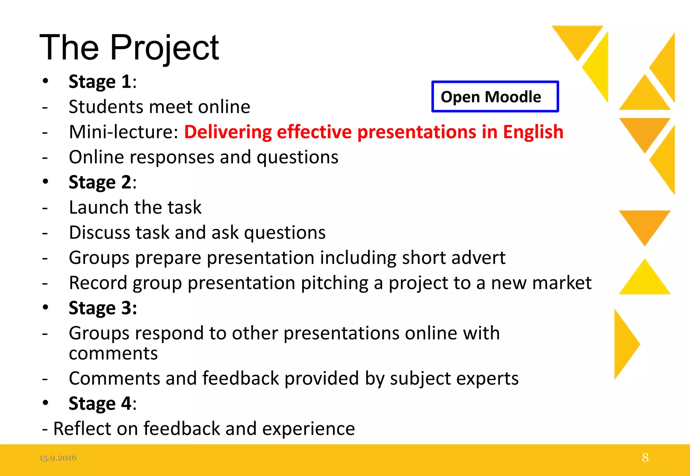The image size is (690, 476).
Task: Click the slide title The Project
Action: click(129, 48)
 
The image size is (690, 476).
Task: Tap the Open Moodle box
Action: click(495, 97)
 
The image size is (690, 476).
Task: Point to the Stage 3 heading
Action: click(103, 308)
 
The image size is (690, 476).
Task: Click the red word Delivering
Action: click(228, 132)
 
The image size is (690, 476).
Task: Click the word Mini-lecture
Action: click(123, 132)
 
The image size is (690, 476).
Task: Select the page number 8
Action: click(645, 457)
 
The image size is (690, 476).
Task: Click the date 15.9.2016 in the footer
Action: click(58, 458)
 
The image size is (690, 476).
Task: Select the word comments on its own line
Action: click(113, 353)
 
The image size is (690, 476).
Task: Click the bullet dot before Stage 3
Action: click(45, 307)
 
